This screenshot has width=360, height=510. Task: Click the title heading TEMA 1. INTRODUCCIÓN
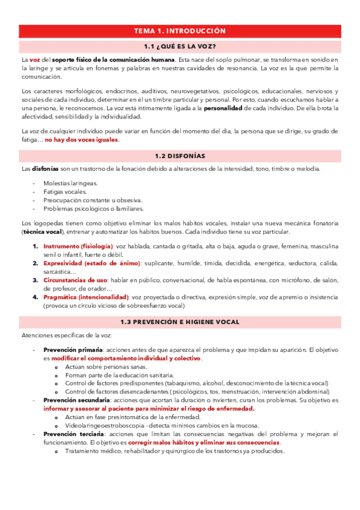[x=180, y=31]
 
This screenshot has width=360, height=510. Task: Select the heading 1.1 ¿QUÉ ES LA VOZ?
[x=180, y=46]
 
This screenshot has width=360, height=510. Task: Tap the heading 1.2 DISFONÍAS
[x=180, y=156]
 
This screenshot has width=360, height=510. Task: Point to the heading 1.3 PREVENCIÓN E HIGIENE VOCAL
[x=180, y=322]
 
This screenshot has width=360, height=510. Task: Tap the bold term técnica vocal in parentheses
[x=42, y=232]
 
